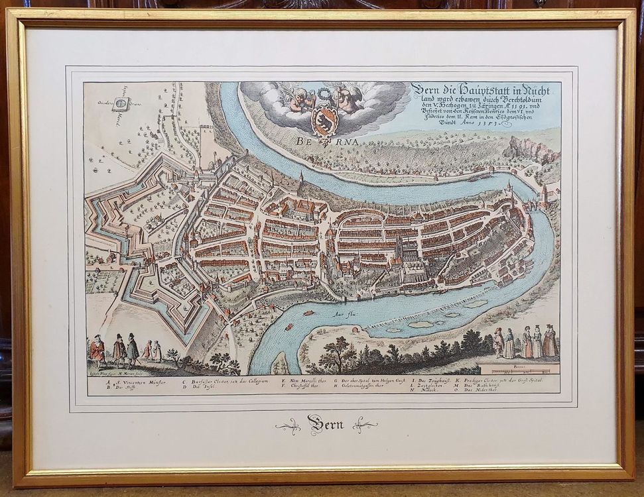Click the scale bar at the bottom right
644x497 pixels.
tap(519, 369)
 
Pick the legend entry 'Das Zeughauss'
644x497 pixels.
tap(434, 381)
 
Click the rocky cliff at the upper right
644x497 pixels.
tap(531, 150)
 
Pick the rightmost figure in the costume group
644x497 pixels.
tap(550, 342)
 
